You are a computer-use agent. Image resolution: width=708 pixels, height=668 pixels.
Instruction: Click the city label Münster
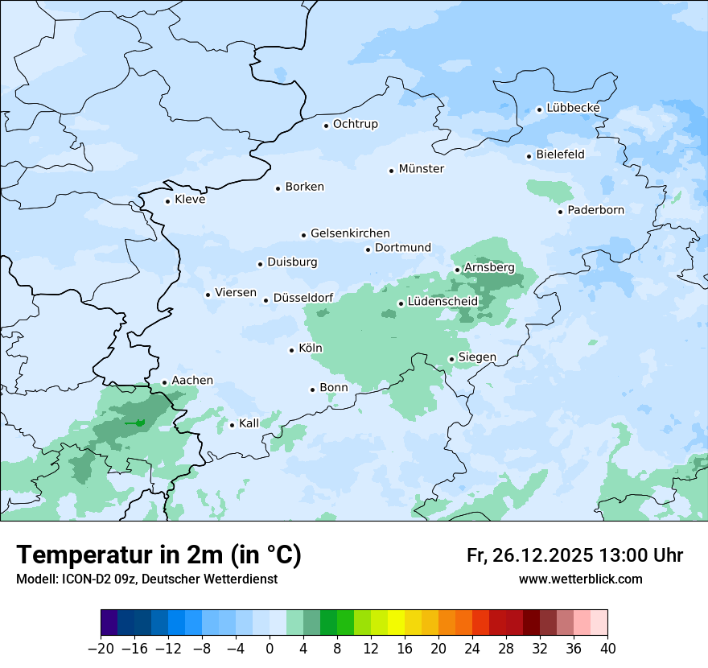422,169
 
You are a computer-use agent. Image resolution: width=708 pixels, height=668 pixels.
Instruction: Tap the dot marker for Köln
291,350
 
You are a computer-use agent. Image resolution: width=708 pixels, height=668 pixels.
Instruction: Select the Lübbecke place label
573,108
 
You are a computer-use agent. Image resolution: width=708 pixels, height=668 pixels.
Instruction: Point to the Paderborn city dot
561,212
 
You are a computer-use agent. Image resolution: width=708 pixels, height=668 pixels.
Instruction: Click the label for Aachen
192,381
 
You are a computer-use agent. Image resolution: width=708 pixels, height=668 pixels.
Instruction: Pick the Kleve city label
190,200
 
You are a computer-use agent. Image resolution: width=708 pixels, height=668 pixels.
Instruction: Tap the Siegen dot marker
452,360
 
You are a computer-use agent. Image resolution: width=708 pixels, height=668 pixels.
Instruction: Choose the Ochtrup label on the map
355,124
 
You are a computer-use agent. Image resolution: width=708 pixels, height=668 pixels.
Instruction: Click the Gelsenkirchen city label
350,233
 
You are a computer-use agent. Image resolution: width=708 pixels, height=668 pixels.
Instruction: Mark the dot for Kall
233,425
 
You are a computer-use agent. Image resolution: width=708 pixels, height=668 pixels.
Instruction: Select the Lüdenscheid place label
442,302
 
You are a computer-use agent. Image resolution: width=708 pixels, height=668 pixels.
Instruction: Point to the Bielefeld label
560,155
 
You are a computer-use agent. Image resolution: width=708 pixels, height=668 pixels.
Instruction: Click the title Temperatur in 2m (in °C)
158,555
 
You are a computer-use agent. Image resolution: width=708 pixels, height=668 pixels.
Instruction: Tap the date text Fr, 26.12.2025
531,555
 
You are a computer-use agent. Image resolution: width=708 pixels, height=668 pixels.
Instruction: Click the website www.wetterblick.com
580,579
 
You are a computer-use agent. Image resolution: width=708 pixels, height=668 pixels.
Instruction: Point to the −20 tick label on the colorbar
101,648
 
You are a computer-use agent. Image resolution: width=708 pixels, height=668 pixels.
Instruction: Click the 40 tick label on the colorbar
607,648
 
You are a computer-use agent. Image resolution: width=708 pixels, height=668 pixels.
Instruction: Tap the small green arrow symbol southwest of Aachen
134,423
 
